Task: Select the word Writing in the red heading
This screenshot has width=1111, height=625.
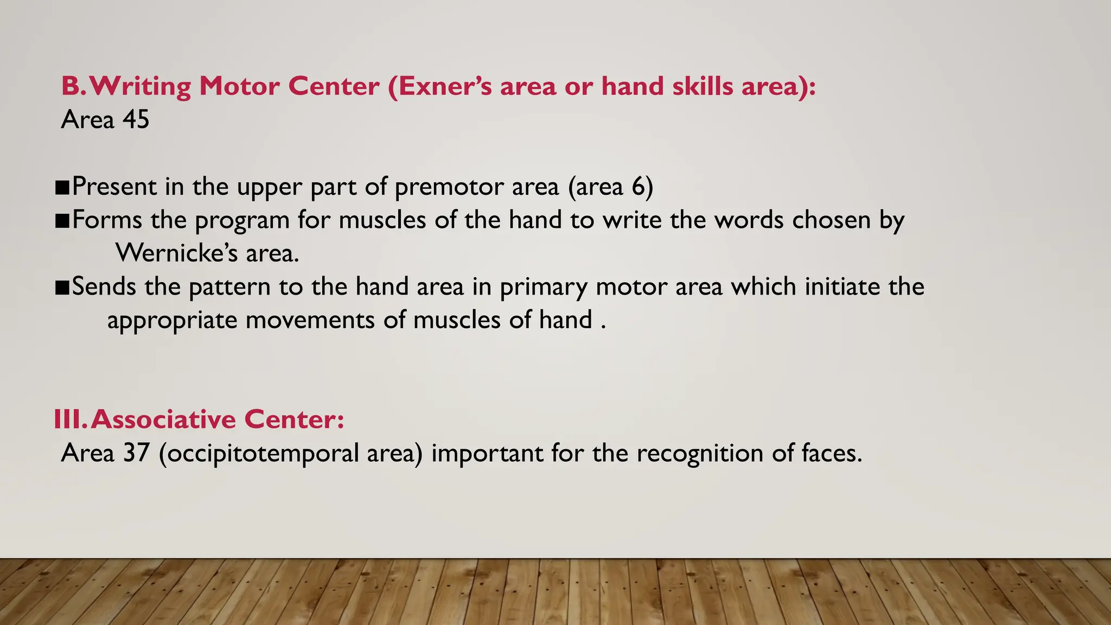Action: point(141,87)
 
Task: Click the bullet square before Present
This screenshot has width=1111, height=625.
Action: point(62,188)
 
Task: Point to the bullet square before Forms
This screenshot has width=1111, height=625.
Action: point(62,221)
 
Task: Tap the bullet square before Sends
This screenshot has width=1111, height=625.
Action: point(62,288)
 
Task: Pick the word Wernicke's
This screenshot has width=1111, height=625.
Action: point(177,253)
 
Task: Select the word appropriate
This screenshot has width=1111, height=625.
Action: point(172,320)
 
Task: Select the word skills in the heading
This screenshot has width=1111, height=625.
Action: point(703,86)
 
